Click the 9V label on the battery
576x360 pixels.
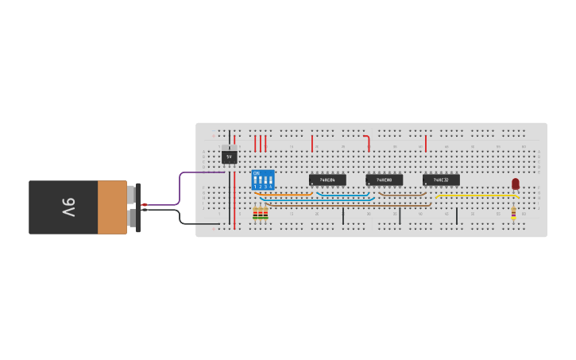(x=68, y=207)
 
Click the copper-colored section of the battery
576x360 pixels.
(x=112, y=207)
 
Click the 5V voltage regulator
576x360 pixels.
(x=229, y=157)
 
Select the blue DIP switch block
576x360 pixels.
(x=263, y=180)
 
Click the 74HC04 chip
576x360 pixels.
(x=327, y=180)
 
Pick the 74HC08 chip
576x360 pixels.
(x=384, y=180)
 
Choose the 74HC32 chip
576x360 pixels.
(x=441, y=180)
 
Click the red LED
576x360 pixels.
(x=515, y=184)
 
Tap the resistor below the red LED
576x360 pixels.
(x=513, y=213)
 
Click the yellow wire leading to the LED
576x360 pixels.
(x=477, y=195)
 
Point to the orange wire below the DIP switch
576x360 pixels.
(x=284, y=194)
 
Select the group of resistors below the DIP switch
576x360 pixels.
(x=260, y=212)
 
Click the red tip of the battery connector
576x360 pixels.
(x=145, y=204)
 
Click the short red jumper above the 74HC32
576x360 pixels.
(x=425, y=143)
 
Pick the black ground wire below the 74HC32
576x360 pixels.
(x=456, y=215)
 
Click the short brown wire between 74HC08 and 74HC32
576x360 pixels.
(x=402, y=194)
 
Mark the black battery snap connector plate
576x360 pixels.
(x=138, y=207)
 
